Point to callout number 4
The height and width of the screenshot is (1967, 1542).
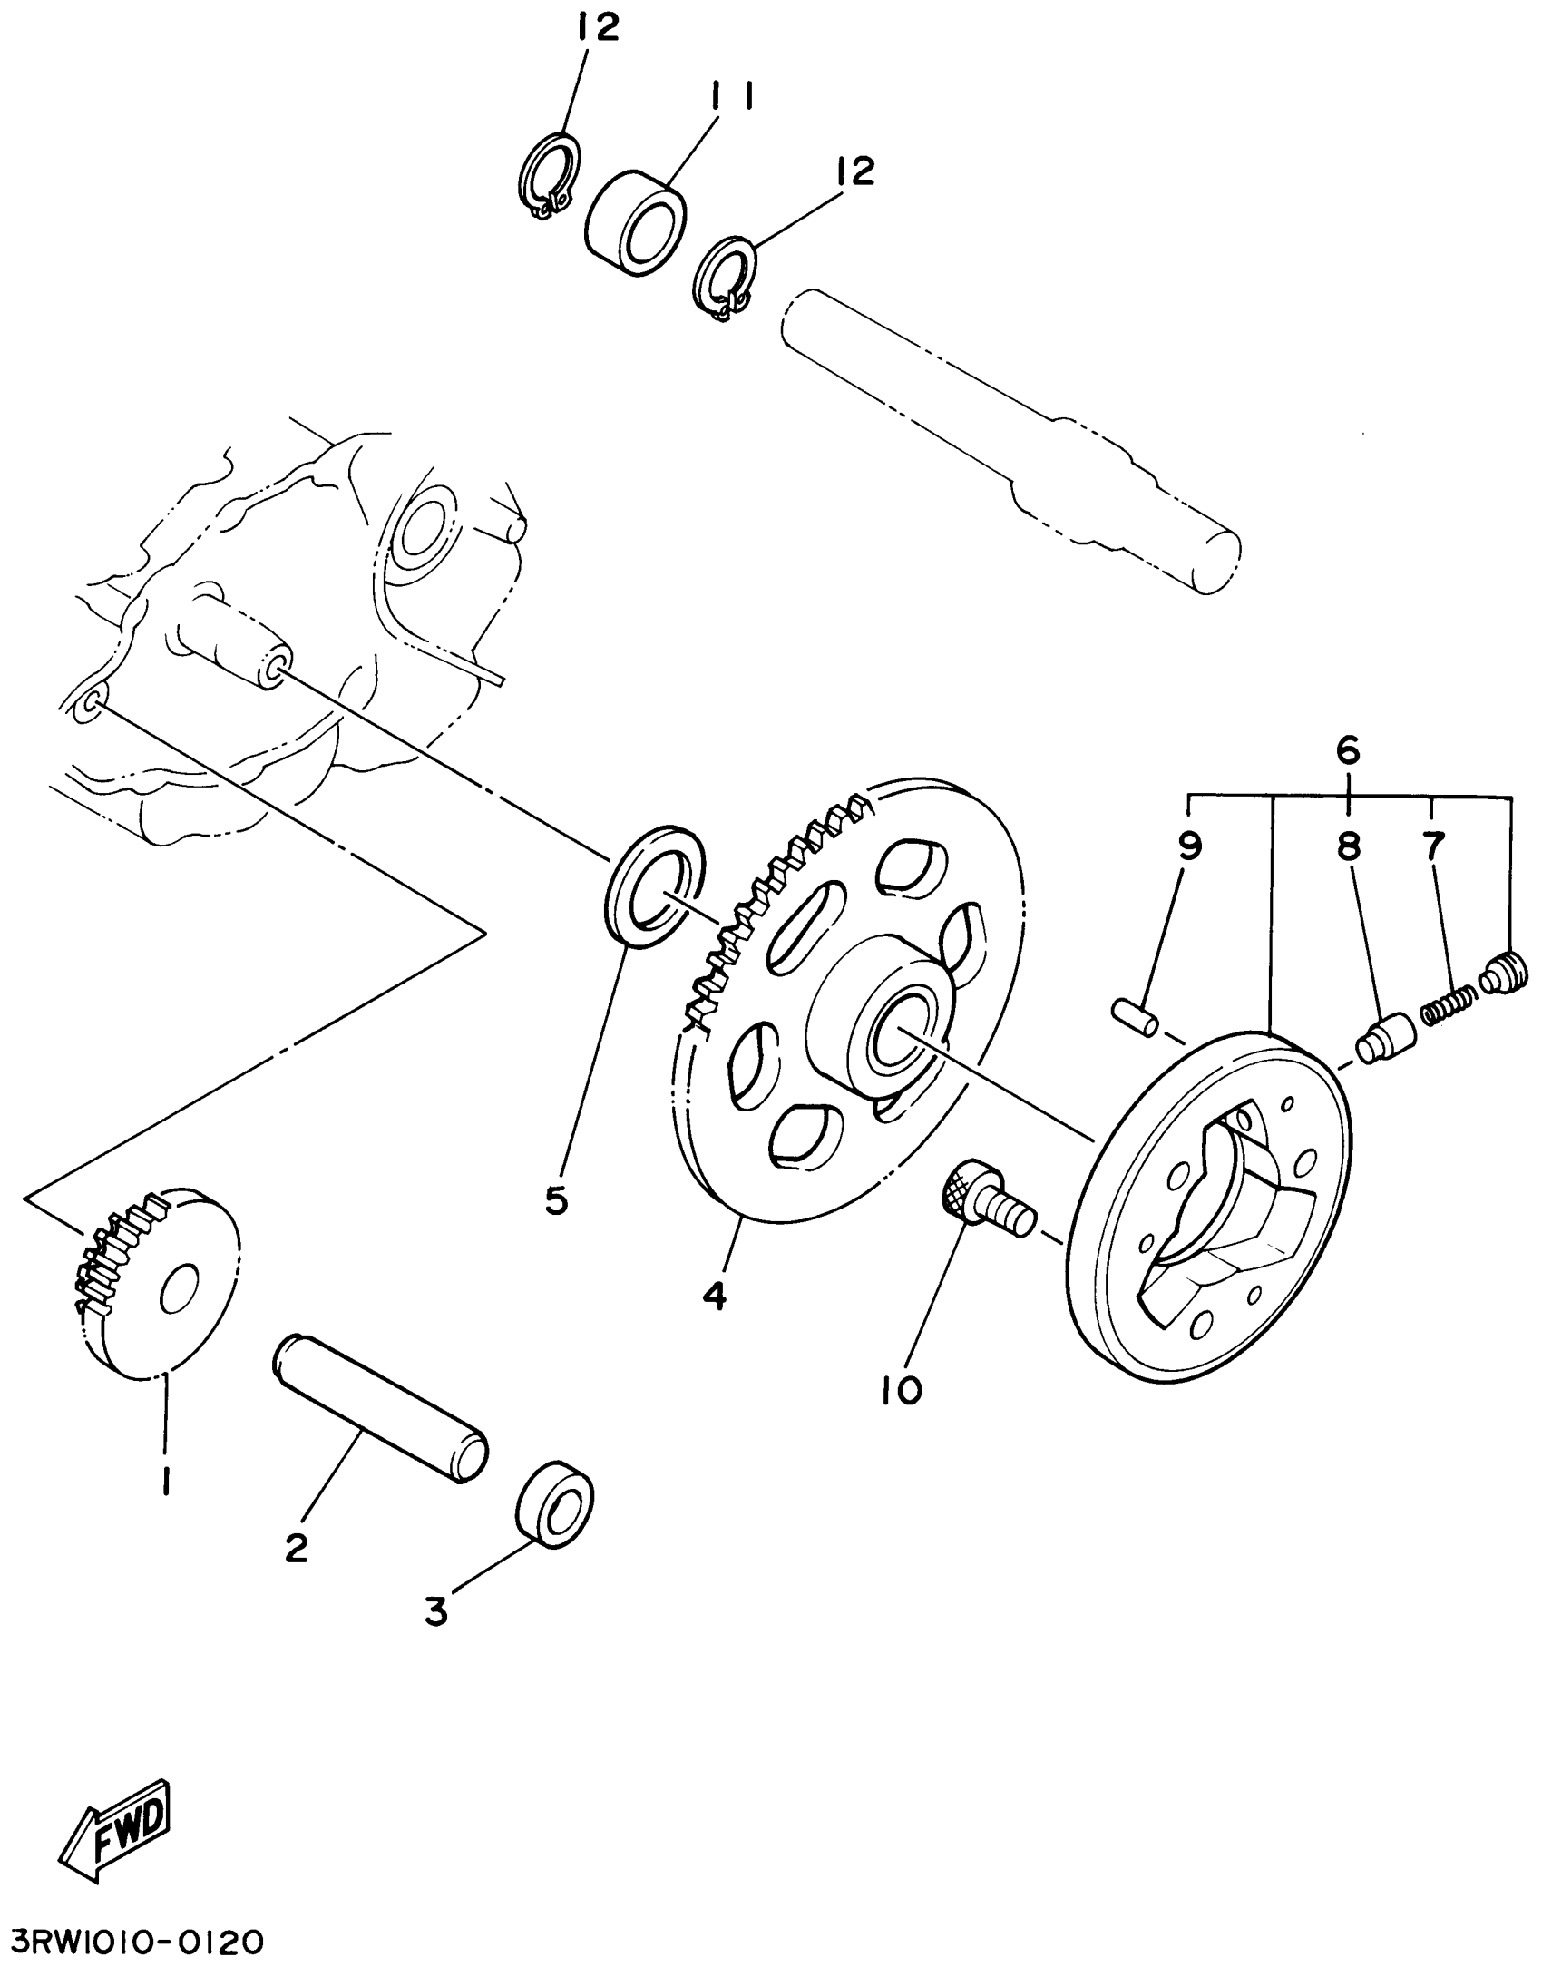(716, 1297)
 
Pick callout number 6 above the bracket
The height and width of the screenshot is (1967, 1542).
(1348, 750)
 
